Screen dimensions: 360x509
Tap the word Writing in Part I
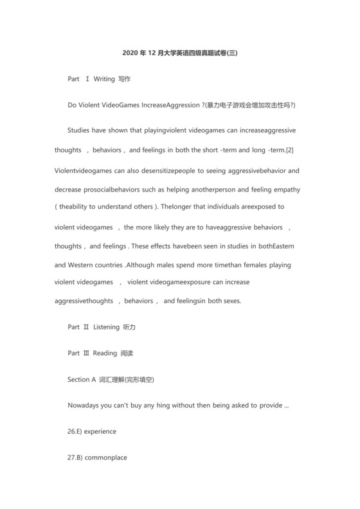(104, 79)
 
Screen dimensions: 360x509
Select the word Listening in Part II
(107, 327)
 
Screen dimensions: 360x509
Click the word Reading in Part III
(105, 353)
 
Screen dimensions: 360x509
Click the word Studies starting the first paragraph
(80, 130)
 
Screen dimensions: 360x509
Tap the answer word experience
(100, 432)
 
